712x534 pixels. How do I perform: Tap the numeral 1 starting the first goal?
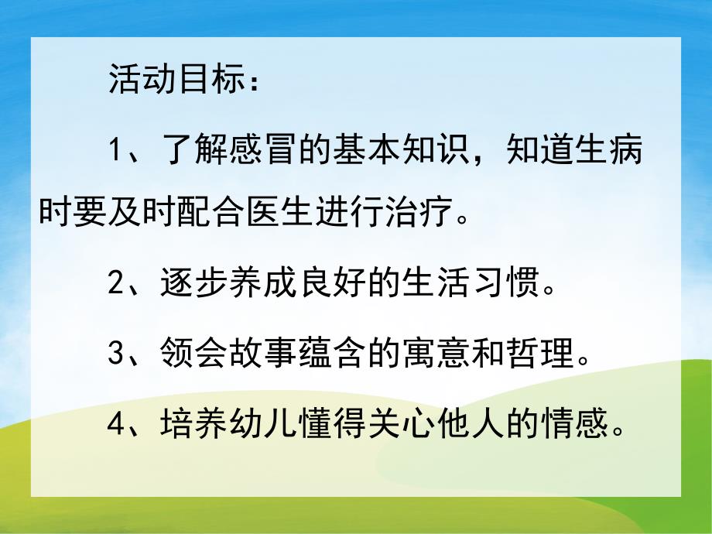pos(115,149)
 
